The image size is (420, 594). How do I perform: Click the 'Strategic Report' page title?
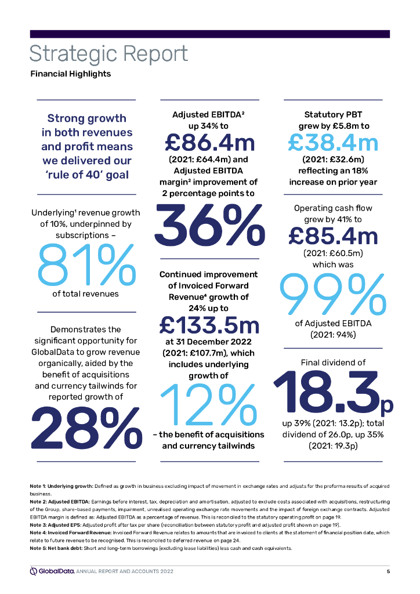coord(109,54)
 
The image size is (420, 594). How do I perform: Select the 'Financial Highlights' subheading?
coord(70,74)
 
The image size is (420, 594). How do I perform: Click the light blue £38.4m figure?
coord(333,142)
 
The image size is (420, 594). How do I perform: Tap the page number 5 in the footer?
coord(388,572)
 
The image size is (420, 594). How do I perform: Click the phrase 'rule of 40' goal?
coord(86,175)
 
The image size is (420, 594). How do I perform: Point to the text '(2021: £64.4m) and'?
coord(209,160)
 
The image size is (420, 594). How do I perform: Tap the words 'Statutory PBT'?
coord(333,114)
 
